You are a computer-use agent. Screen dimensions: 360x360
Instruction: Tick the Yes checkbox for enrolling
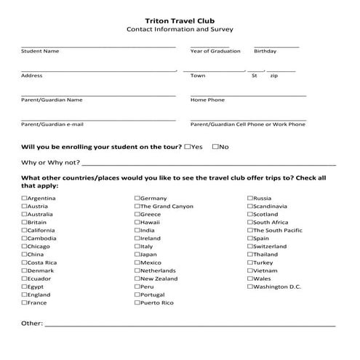point(188,146)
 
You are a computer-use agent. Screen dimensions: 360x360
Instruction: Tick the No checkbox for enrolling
point(215,146)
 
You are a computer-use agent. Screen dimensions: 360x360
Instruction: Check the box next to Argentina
point(24,198)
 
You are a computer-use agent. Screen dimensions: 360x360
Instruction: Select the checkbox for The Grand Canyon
point(137,206)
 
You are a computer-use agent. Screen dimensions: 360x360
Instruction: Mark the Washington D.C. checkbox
point(250,287)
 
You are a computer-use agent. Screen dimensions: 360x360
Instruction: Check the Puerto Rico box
point(137,303)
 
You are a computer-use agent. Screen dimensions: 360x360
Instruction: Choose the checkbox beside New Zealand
point(137,279)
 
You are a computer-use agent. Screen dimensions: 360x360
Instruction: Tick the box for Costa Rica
point(24,263)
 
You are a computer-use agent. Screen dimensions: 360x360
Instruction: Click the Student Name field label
point(40,52)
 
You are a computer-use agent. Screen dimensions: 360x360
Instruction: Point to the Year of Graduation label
point(215,52)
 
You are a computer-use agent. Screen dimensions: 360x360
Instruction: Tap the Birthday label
point(265,52)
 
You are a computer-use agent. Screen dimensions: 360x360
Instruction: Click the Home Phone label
point(207,100)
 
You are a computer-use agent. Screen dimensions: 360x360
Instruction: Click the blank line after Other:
point(189,324)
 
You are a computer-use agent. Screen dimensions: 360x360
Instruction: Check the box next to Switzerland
point(250,247)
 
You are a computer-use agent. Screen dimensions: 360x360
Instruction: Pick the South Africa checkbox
point(250,222)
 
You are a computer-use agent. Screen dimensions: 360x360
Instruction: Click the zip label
point(273,76)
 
